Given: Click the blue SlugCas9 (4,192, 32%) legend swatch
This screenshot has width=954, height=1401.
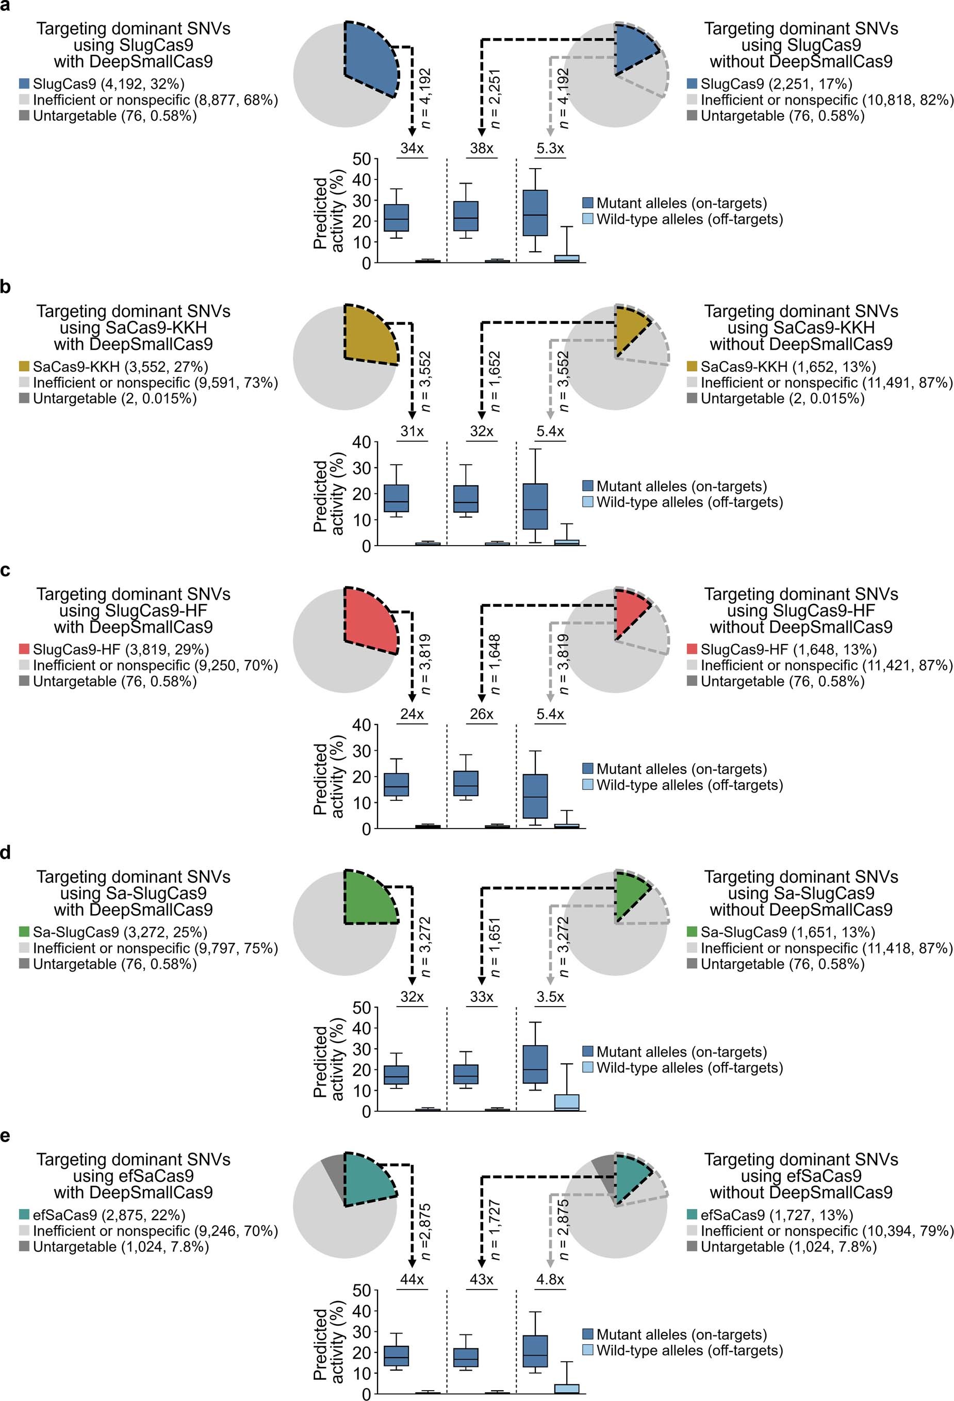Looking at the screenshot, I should pos(24,84).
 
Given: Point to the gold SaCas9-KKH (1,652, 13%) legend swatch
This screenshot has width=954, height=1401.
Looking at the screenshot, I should pos(692,367).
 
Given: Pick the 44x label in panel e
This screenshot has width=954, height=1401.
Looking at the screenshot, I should pos(412,1279).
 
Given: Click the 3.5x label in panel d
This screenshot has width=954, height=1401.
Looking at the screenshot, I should pos(550,997).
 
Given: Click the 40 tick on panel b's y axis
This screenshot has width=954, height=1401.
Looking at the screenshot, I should pos(362,442).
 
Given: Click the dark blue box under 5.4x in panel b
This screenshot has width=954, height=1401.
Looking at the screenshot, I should pos(535,506).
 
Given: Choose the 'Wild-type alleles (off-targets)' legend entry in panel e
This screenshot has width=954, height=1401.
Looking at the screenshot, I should pos(689,1350).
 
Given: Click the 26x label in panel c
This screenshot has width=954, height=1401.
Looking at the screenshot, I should pos(481,714).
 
